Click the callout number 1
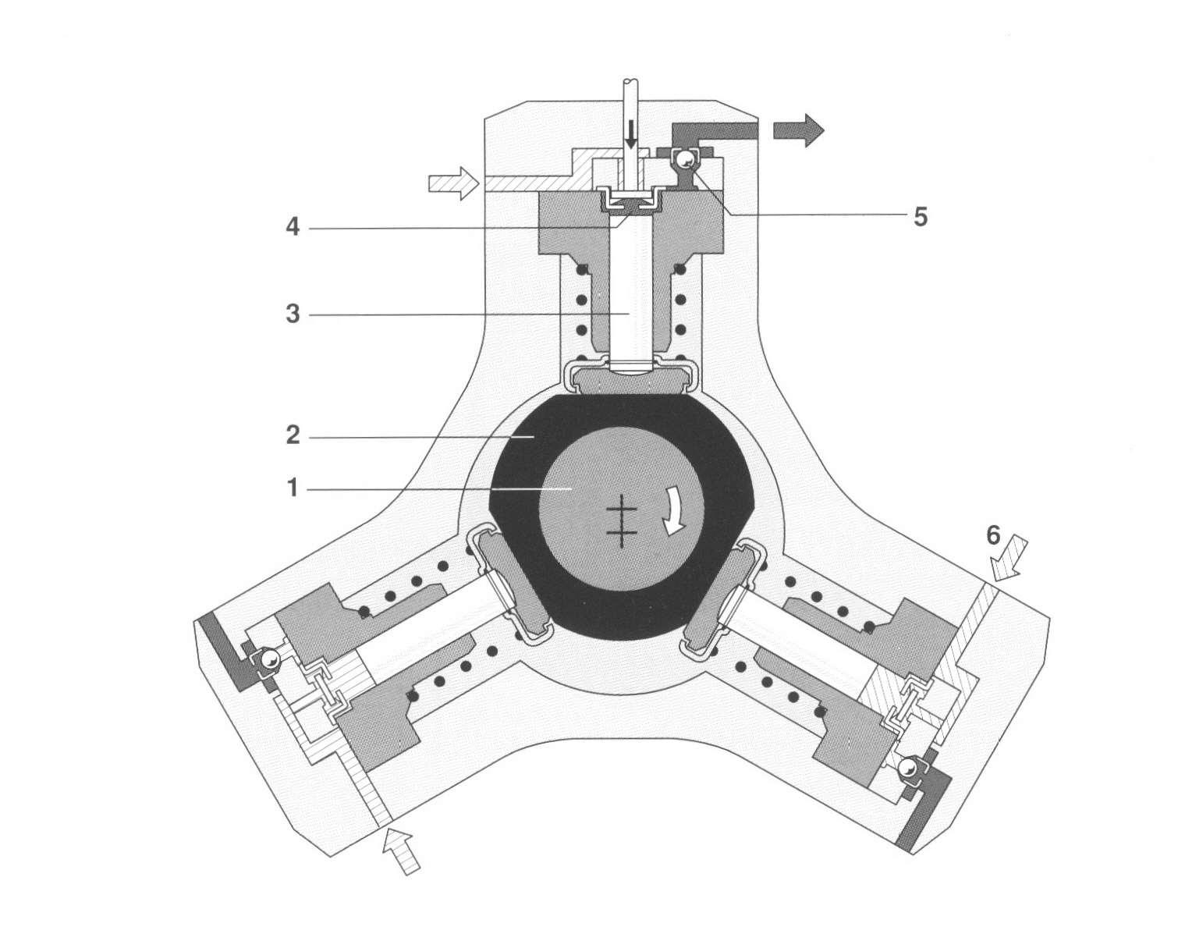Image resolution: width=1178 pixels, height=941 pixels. (x=293, y=489)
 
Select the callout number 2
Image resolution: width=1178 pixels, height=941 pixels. (x=293, y=436)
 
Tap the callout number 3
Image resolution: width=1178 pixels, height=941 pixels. (x=293, y=314)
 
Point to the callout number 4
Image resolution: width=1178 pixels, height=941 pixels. (x=293, y=229)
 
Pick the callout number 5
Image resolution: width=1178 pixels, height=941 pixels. (x=921, y=216)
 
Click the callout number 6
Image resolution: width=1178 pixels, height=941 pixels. (x=992, y=536)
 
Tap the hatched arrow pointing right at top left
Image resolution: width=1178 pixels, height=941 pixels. (x=452, y=183)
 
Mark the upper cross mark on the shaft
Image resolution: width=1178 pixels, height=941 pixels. (x=622, y=509)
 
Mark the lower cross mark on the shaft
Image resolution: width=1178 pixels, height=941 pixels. (x=622, y=534)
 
